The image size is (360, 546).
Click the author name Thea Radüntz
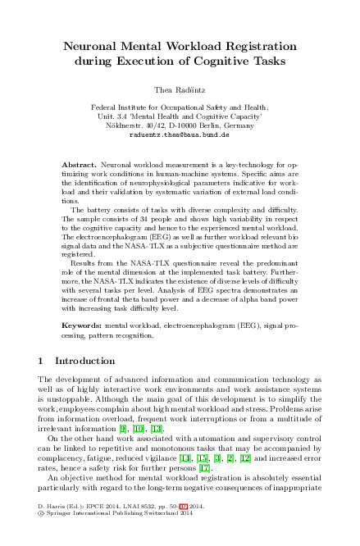point(180,87)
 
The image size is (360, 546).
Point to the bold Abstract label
point(80,165)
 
